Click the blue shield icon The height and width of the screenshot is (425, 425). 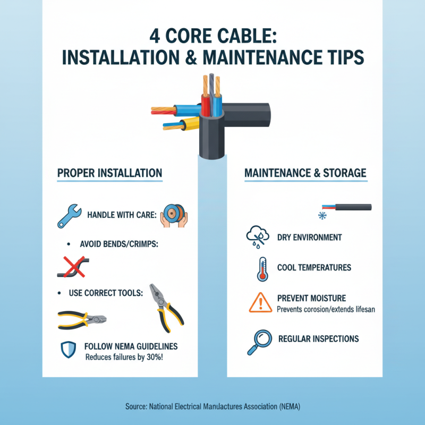click(x=66, y=349)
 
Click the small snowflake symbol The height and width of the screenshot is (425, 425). click(x=321, y=216)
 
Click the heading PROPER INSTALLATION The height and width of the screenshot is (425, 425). click(x=109, y=173)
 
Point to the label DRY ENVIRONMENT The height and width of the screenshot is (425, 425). click(x=310, y=237)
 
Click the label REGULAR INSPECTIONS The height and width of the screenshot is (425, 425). click(x=318, y=339)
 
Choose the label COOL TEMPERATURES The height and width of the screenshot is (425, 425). click(x=314, y=268)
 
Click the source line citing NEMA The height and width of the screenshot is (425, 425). click(x=212, y=406)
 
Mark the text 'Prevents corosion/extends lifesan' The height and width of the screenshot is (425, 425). click(x=327, y=309)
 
